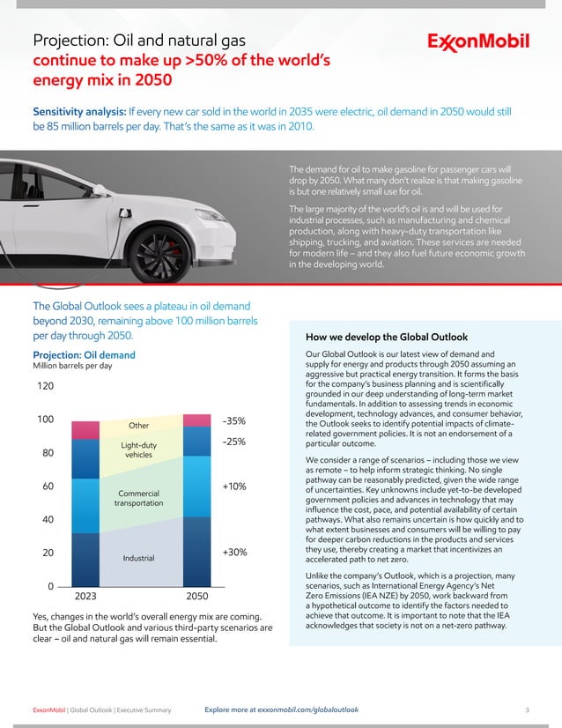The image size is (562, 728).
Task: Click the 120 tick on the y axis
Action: [x=44, y=386]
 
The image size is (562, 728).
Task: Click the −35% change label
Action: [x=233, y=421]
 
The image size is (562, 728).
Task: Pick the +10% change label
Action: [x=234, y=486]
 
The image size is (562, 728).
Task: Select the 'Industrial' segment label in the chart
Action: [x=139, y=558]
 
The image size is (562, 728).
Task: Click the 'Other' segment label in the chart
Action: [x=138, y=427]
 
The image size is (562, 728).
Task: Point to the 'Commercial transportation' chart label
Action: [x=138, y=496]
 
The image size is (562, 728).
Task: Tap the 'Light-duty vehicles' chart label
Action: [x=138, y=450]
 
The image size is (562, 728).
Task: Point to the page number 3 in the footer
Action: [x=526, y=709]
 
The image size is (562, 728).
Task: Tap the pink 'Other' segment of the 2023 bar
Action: [x=85, y=429]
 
